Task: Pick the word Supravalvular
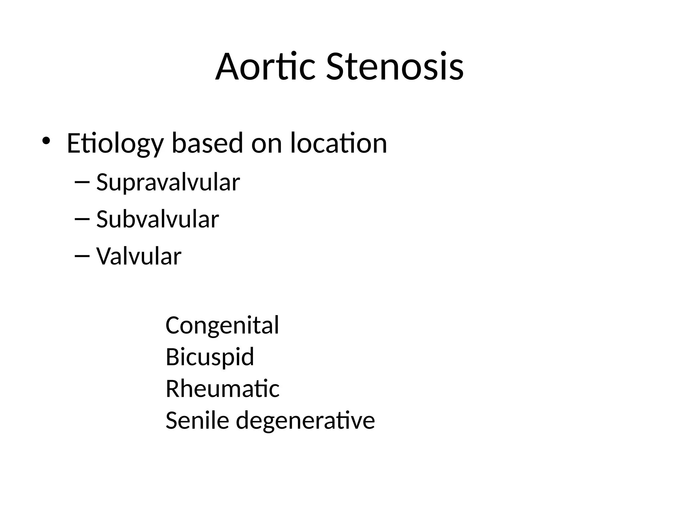168,183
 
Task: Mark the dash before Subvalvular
82,219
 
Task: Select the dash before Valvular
82,256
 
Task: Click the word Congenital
222,325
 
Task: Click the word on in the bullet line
267,143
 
